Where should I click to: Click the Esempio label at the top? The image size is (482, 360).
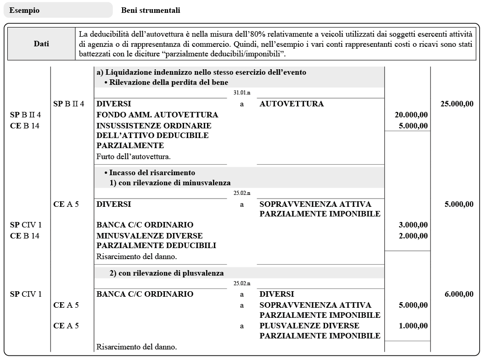(x=24, y=10)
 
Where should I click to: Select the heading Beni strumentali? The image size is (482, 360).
(x=151, y=10)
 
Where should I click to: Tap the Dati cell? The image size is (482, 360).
(x=41, y=44)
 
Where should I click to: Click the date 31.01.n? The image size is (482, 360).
(x=242, y=93)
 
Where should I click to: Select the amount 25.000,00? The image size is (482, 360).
(x=457, y=104)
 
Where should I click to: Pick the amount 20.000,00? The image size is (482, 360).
(x=411, y=115)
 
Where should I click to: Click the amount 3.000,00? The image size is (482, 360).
(x=413, y=225)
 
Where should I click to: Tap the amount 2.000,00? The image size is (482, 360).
(x=413, y=236)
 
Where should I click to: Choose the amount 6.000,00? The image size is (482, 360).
(x=459, y=294)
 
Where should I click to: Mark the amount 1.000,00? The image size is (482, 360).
(x=413, y=326)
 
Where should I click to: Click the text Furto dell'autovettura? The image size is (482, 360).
(x=134, y=156)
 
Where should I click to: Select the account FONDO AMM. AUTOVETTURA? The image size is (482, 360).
(x=157, y=115)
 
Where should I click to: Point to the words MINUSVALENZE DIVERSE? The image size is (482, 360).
(x=150, y=236)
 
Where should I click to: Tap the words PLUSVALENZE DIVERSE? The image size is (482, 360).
(x=309, y=326)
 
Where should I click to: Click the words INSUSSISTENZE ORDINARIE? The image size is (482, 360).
(x=154, y=125)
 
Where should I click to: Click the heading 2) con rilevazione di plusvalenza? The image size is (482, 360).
(x=166, y=273)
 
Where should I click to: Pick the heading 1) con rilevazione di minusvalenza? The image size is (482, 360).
(x=170, y=183)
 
